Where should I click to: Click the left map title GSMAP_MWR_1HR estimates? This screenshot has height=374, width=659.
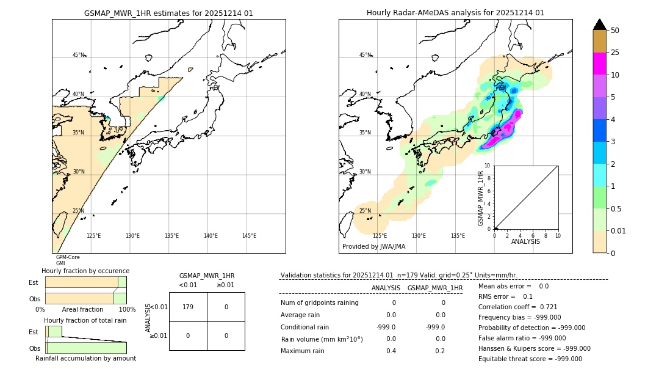[168, 13]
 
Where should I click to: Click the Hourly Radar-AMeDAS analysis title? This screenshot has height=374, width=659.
[455, 13]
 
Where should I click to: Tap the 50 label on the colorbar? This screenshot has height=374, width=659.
[615, 31]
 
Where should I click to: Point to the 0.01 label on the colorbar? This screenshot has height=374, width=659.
[619, 230]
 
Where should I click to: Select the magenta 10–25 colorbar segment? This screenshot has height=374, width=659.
[599, 64]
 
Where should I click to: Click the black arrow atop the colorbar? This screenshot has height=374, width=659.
[599, 24]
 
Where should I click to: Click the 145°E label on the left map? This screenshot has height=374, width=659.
[249, 236]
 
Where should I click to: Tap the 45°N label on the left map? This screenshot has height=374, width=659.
[79, 55]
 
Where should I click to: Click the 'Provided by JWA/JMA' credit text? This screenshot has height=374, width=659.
[373, 247]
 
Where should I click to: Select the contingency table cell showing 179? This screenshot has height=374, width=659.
[188, 307]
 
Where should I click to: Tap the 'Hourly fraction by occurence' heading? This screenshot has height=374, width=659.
[85, 271]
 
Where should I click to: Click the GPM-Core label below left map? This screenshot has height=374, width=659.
[68, 257]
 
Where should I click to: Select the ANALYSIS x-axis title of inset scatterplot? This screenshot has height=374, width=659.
[525, 241]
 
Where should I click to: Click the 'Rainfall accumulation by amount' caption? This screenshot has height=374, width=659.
[85, 358]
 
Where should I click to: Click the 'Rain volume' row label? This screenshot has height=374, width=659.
[322, 339]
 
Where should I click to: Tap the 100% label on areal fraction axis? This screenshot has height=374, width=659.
[126, 310]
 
